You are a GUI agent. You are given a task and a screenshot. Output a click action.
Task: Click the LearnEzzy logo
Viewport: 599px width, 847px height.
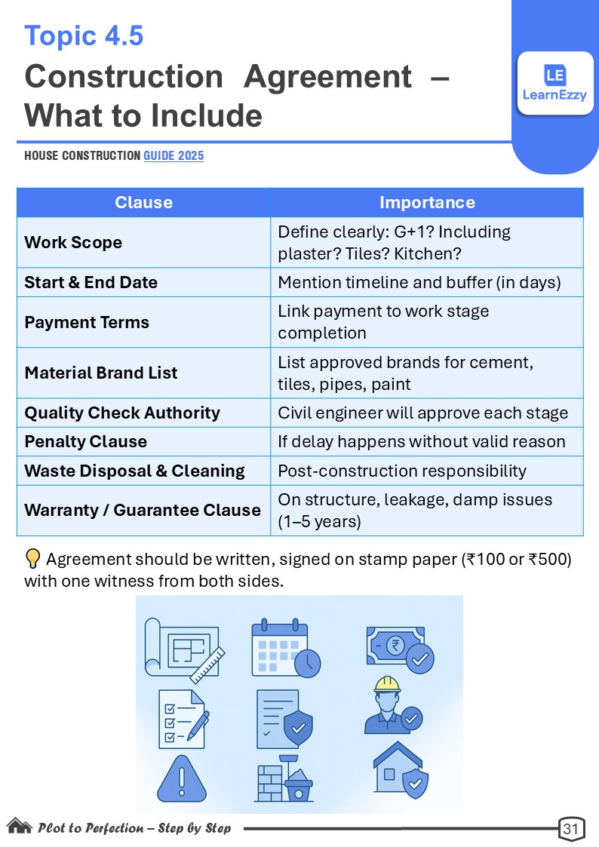click(x=555, y=82)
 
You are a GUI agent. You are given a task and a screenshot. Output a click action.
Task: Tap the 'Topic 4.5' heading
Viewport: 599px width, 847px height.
click(x=84, y=36)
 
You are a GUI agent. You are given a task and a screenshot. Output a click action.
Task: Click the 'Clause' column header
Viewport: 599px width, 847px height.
click(x=143, y=202)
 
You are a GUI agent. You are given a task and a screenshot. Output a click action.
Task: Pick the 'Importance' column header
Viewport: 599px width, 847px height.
click(x=427, y=202)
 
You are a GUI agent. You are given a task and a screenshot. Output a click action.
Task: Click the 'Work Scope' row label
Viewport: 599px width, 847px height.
click(x=73, y=242)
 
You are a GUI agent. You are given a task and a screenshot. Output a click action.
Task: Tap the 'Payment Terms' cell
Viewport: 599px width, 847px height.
click(x=87, y=322)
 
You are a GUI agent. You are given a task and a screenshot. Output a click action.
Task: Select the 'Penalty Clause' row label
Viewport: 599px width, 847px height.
click(x=85, y=441)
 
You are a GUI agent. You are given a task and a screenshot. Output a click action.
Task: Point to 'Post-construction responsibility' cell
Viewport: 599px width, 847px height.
click(x=402, y=471)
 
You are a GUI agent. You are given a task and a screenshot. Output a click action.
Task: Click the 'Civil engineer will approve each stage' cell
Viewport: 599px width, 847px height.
click(x=423, y=413)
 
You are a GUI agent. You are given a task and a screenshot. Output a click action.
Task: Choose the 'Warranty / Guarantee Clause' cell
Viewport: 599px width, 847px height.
click(x=143, y=510)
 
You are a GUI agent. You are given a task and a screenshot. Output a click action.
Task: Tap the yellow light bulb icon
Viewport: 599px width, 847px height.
click(x=32, y=559)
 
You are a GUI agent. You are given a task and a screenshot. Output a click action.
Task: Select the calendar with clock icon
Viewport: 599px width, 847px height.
click(x=285, y=647)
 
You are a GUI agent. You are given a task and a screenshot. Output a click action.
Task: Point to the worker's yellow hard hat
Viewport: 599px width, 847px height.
click(x=387, y=683)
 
